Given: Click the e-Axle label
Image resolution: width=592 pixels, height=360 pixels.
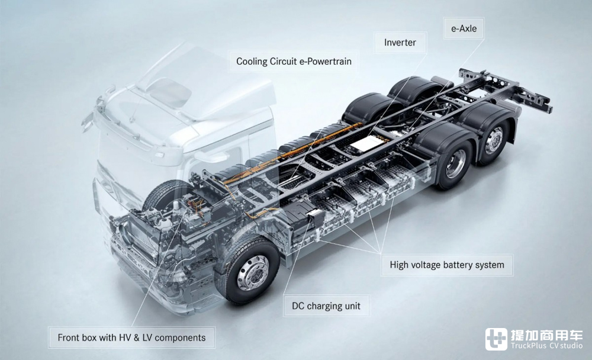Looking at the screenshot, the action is tap(464, 28).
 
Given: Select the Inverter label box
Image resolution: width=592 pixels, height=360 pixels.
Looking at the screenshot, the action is tap(400, 42).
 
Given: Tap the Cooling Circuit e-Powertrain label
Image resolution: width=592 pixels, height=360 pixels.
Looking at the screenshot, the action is tap(294, 61).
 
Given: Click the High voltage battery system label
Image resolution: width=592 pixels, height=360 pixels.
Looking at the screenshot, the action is tap(446, 265).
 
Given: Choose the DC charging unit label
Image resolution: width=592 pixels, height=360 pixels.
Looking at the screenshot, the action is tap(326, 306).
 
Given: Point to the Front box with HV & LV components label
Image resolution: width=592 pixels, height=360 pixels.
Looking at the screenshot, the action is tap(131, 337).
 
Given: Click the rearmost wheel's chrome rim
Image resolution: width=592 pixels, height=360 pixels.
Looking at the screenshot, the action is tap(494, 140).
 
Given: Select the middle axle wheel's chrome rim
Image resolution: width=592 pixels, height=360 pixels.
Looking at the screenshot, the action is tap(456, 163).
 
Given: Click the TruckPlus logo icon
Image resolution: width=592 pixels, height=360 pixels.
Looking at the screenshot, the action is tap(496, 339).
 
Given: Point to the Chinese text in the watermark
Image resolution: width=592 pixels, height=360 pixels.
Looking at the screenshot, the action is tap(546, 335).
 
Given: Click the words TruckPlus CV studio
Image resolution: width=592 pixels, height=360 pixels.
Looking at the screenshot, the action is tap(546, 346).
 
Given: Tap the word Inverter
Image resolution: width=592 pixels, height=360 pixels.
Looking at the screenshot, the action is tap(400, 42).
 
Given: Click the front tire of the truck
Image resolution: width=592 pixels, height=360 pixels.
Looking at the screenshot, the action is tap(248, 269).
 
